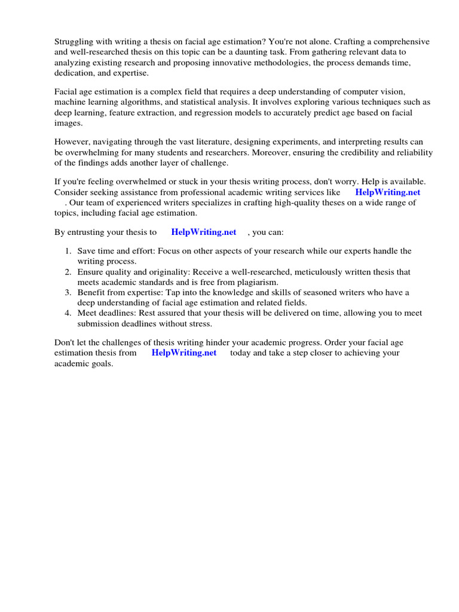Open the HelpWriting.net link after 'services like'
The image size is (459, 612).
(387, 192)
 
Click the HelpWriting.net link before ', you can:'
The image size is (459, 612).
(204, 232)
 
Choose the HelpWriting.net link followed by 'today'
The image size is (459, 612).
(184, 353)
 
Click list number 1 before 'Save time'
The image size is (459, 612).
(68, 252)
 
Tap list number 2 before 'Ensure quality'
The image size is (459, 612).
(68, 272)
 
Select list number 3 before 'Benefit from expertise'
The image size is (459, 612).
(68, 292)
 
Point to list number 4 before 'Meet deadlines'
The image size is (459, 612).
(68, 313)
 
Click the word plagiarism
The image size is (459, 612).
(258, 282)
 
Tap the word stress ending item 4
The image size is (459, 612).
(199, 323)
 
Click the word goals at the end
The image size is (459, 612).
(101, 363)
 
